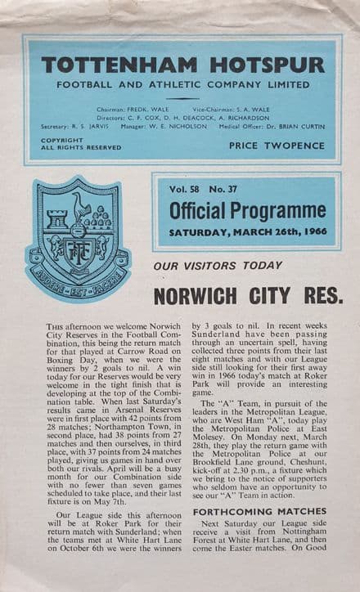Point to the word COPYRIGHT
[61, 140]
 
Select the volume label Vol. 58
[187, 190]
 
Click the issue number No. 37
[227, 190]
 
